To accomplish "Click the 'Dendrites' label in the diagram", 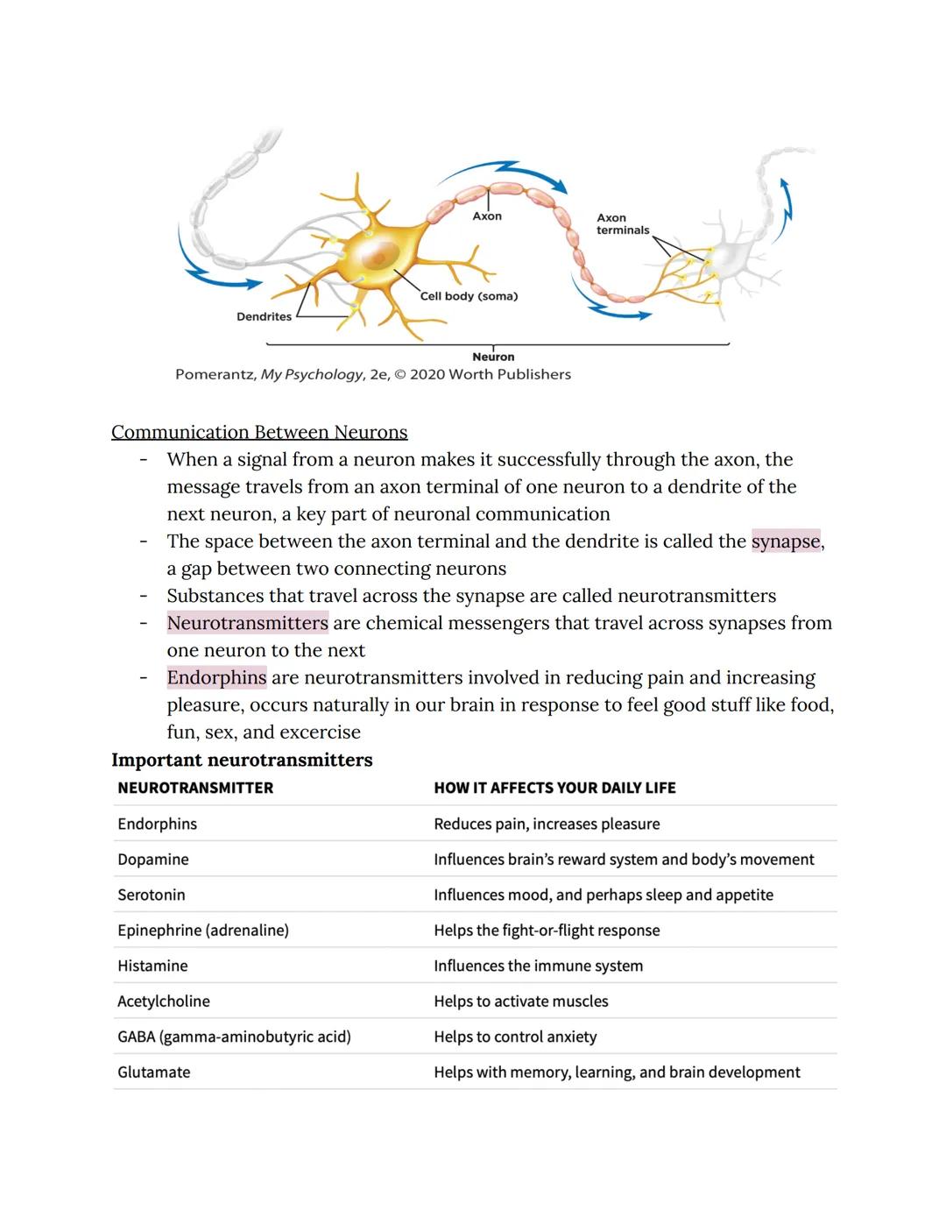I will click(x=264, y=317).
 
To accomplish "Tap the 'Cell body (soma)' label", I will click(x=469, y=296).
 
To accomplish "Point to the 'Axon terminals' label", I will click(x=623, y=224).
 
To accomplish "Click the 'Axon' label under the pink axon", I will click(x=487, y=216).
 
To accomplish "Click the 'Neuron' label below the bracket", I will click(x=493, y=357).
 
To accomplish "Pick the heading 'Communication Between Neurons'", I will click(x=259, y=432).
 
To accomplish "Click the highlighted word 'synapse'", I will click(x=786, y=541).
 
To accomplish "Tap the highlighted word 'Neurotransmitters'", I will click(x=248, y=623).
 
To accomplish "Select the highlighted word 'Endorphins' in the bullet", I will click(x=216, y=677).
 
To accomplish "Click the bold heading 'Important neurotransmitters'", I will click(x=242, y=760).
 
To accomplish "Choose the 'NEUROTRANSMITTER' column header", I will click(x=195, y=788).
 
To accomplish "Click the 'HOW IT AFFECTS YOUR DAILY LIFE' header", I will click(x=554, y=788).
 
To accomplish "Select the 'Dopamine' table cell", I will click(x=153, y=860).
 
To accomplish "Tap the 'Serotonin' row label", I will click(x=152, y=895).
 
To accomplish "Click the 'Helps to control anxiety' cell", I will click(x=515, y=1037).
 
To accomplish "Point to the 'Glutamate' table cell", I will click(x=154, y=1072).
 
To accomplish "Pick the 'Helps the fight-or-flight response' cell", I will click(x=547, y=930).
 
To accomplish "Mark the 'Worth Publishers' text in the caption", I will click(x=510, y=375).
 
